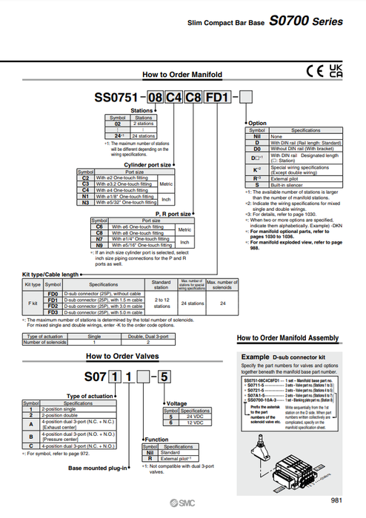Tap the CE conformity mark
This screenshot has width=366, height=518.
314,71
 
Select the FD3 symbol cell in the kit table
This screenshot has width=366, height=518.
53,313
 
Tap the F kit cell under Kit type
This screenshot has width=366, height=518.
33,304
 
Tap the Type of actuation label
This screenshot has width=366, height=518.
92,396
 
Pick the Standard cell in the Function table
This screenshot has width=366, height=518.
178,453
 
